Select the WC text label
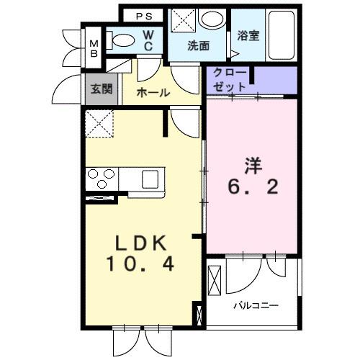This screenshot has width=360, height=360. coord(148,40)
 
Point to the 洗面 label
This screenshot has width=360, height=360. coord(198,45)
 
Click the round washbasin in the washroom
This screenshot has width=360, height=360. coord(212,19)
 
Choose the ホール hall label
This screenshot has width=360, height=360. coord(153,92)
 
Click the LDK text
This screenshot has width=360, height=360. coord(140,243)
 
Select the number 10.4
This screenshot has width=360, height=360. coord(140,265)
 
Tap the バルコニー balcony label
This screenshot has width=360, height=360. coord(255,305)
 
